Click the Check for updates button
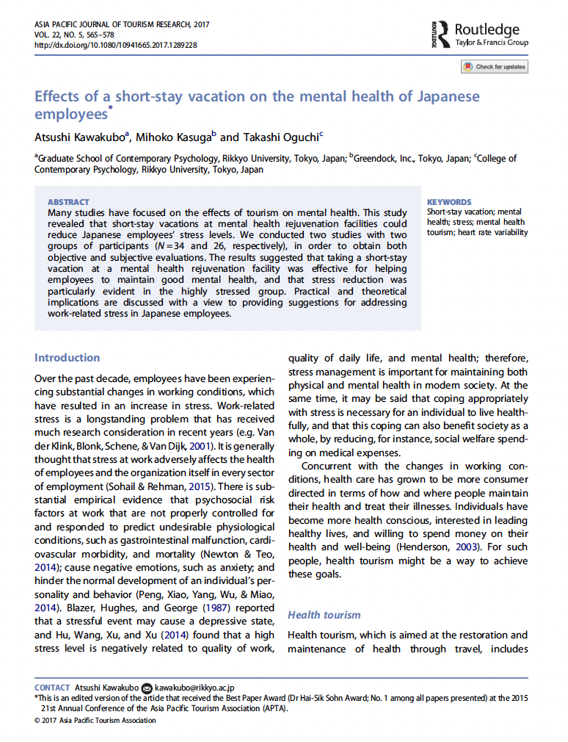point(494,67)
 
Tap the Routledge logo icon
point(438,34)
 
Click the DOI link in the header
point(115,45)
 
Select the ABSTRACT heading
point(68,202)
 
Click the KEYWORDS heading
point(449,202)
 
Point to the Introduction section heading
point(67,358)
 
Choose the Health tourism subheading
point(324,615)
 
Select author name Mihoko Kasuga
point(173,137)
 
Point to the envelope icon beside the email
point(147,688)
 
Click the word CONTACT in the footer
point(52,688)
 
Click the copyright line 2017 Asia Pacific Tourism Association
point(95,720)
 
